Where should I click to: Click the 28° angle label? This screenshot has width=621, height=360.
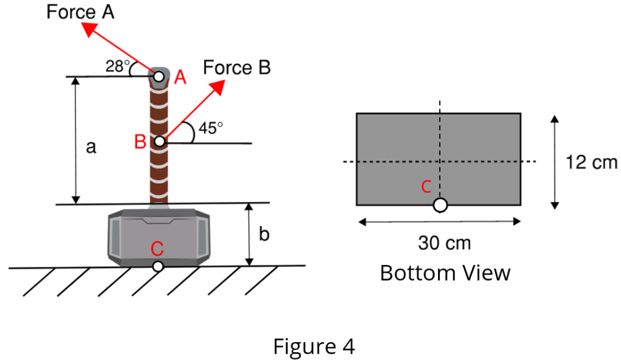tap(117, 67)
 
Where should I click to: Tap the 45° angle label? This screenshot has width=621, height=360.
tap(211, 128)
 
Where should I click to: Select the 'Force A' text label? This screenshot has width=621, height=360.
tap(80, 12)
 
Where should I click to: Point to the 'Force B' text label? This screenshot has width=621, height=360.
tap(237, 68)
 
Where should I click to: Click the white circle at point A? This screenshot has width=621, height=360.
tap(159, 76)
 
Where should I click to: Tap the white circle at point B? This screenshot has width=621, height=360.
tap(160, 141)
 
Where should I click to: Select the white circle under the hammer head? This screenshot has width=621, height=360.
tap(158, 266)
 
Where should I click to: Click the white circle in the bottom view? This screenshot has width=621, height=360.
tap(440, 205)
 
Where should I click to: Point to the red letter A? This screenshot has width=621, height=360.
tap(180, 78)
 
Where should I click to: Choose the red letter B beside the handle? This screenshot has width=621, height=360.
tap(140, 143)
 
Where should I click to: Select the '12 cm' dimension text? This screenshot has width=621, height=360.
tap(591, 163)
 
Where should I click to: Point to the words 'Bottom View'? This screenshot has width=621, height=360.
tap(445, 273)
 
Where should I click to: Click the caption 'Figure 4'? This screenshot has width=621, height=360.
tap(314, 347)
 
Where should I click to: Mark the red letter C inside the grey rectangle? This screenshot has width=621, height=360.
tap(426, 187)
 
